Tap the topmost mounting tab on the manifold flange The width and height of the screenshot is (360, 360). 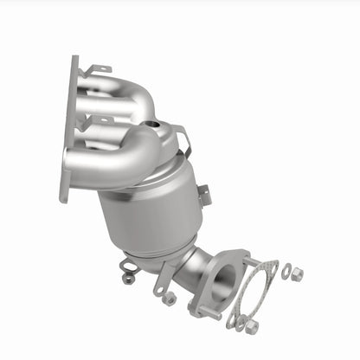click(98, 68)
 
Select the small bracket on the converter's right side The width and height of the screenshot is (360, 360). click(204, 196)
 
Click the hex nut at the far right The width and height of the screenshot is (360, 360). click(297, 274)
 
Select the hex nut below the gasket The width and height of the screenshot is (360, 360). click(252, 327)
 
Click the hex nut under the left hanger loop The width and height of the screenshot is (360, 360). click(129, 279)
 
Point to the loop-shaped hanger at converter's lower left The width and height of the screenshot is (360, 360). click(130, 265)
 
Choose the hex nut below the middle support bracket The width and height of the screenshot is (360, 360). click(170, 299)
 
